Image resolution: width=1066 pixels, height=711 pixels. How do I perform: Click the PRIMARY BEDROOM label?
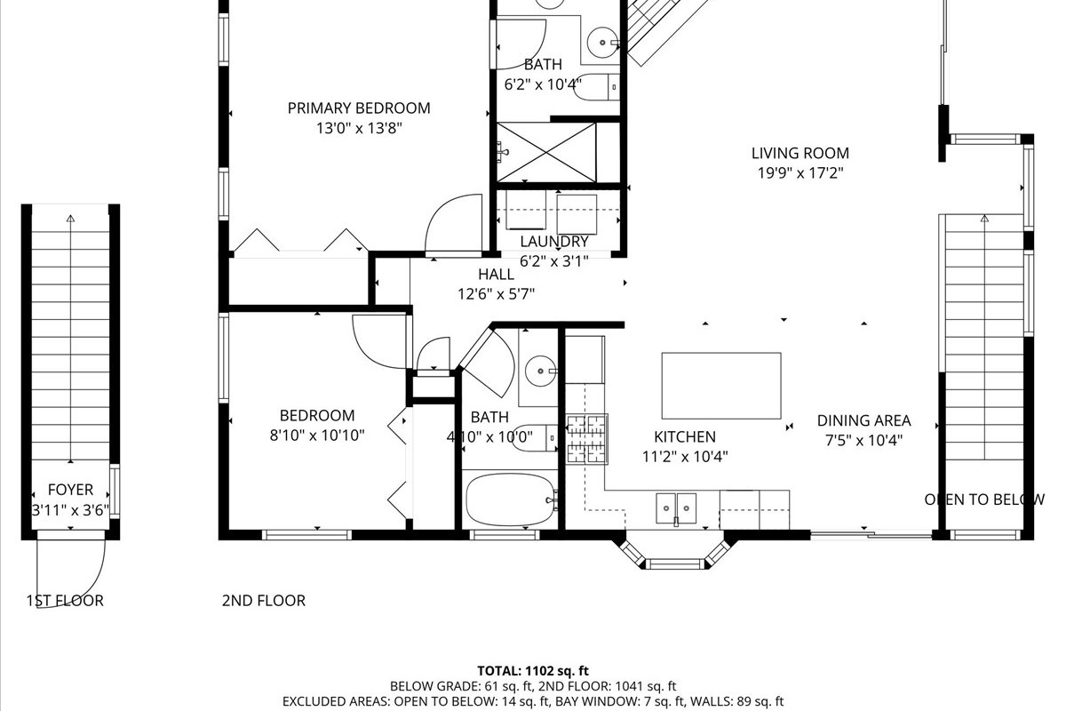[x=359, y=108]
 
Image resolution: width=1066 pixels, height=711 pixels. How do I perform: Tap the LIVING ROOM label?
[x=800, y=153]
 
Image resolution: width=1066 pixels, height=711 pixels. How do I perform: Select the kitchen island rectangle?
[x=721, y=386]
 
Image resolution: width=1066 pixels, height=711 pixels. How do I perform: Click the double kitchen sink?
[x=676, y=508]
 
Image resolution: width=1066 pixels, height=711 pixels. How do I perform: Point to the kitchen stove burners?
[x=586, y=439]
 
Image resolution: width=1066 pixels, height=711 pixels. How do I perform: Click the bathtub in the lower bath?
[x=510, y=499]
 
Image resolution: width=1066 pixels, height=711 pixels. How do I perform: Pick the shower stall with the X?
[x=545, y=152]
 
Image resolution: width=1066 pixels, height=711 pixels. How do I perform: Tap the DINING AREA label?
[x=863, y=420]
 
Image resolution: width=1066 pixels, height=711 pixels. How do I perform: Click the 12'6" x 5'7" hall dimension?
[x=496, y=294]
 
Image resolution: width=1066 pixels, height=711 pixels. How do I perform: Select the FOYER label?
[x=70, y=490]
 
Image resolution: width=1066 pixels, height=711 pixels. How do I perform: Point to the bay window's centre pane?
[x=676, y=564]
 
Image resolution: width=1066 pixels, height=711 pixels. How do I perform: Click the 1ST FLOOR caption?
[x=65, y=601]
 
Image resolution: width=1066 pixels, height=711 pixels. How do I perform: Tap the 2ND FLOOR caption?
[x=264, y=601]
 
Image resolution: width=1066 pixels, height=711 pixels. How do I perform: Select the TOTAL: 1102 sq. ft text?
[x=533, y=671]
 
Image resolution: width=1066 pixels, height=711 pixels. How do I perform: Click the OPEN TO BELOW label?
[x=984, y=499]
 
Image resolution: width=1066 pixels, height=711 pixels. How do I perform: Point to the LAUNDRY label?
[x=554, y=242]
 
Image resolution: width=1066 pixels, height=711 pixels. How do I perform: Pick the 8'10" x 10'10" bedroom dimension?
[x=317, y=435]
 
